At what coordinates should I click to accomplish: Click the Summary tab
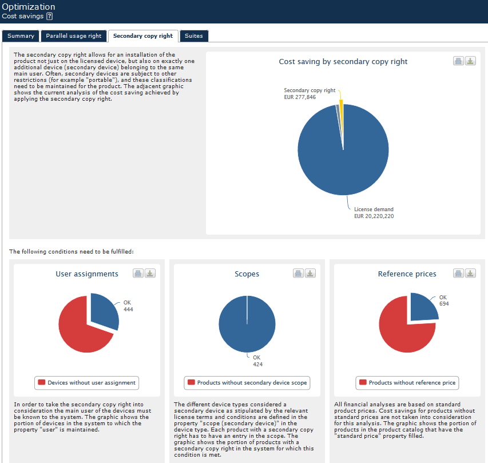click(x=21, y=36)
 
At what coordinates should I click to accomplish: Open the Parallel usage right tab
click(x=73, y=36)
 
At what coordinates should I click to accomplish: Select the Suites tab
click(x=194, y=36)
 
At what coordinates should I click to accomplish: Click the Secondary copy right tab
click(x=143, y=36)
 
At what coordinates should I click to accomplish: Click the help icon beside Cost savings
click(x=49, y=17)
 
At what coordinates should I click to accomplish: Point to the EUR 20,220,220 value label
click(x=374, y=216)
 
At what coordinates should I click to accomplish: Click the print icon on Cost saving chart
click(x=459, y=61)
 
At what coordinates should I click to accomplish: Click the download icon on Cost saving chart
click(x=470, y=61)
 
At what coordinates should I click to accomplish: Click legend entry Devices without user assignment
click(x=87, y=383)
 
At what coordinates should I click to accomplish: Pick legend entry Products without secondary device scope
click(x=247, y=383)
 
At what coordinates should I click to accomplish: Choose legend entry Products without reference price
click(x=407, y=383)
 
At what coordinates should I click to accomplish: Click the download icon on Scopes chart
click(x=310, y=274)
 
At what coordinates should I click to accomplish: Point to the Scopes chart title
click(x=247, y=274)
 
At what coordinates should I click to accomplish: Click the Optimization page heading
click(x=29, y=7)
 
